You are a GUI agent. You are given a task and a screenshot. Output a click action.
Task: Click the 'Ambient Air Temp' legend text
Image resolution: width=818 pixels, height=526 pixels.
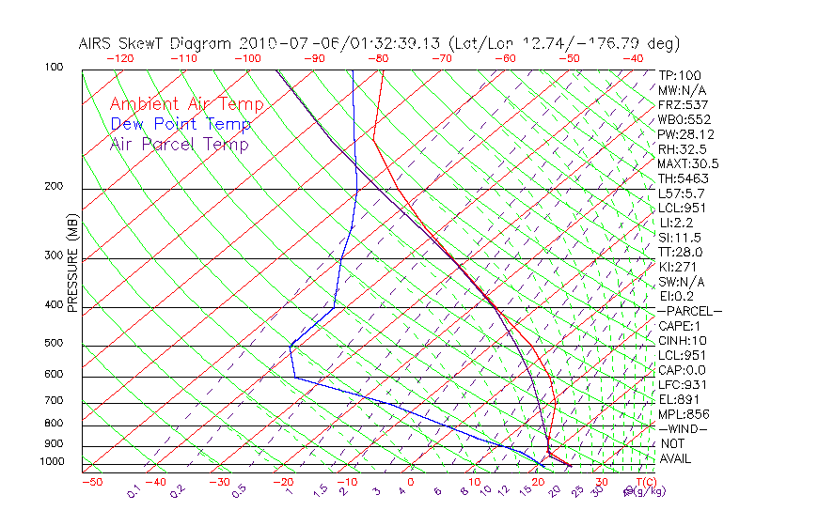(x=186, y=104)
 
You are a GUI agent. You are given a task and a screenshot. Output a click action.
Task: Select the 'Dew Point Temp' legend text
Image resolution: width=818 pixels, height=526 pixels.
(x=180, y=124)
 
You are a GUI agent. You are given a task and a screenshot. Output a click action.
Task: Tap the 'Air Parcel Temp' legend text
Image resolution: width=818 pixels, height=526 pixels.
(x=179, y=144)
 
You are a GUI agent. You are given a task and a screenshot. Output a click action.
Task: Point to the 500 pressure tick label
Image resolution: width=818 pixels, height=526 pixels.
(x=54, y=344)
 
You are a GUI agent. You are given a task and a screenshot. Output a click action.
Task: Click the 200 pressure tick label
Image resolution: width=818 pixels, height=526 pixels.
(x=54, y=187)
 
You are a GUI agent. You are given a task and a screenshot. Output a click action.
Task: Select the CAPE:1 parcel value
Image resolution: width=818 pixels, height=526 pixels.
(x=680, y=326)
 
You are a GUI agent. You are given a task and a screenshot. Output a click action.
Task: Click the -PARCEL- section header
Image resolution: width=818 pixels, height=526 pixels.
(x=690, y=311)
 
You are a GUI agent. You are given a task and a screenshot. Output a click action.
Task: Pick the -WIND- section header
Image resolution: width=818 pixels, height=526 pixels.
(x=684, y=428)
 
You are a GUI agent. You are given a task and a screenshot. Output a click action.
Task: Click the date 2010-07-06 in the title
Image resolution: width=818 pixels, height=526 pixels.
(x=282, y=43)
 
